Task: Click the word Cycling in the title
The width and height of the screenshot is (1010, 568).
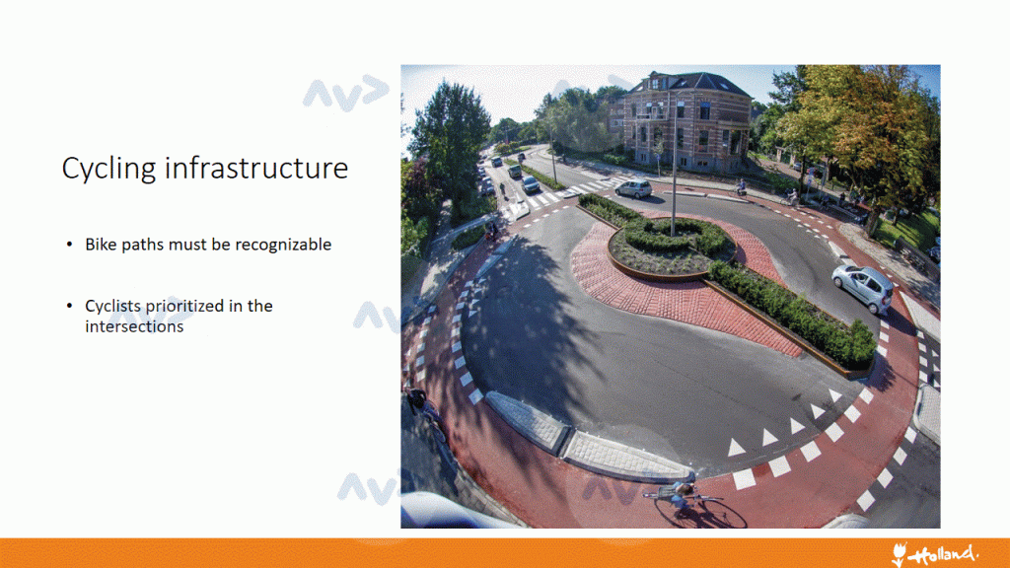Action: pyautogui.click(x=108, y=169)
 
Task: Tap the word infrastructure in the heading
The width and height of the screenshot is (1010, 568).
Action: pyautogui.click(x=256, y=168)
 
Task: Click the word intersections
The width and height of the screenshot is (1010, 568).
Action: pyautogui.click(x=134, y=326)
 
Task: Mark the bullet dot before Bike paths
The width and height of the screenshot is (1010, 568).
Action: pyautogui.click(x=70, y=245)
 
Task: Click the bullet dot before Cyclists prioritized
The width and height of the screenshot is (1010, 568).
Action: pyautogui.click(x=70, y=306)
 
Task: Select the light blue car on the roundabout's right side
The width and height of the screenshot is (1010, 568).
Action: pyautogui.click(x=863, y=287)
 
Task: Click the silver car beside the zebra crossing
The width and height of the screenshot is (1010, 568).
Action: pyautogui.click(x=633, y=188)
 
